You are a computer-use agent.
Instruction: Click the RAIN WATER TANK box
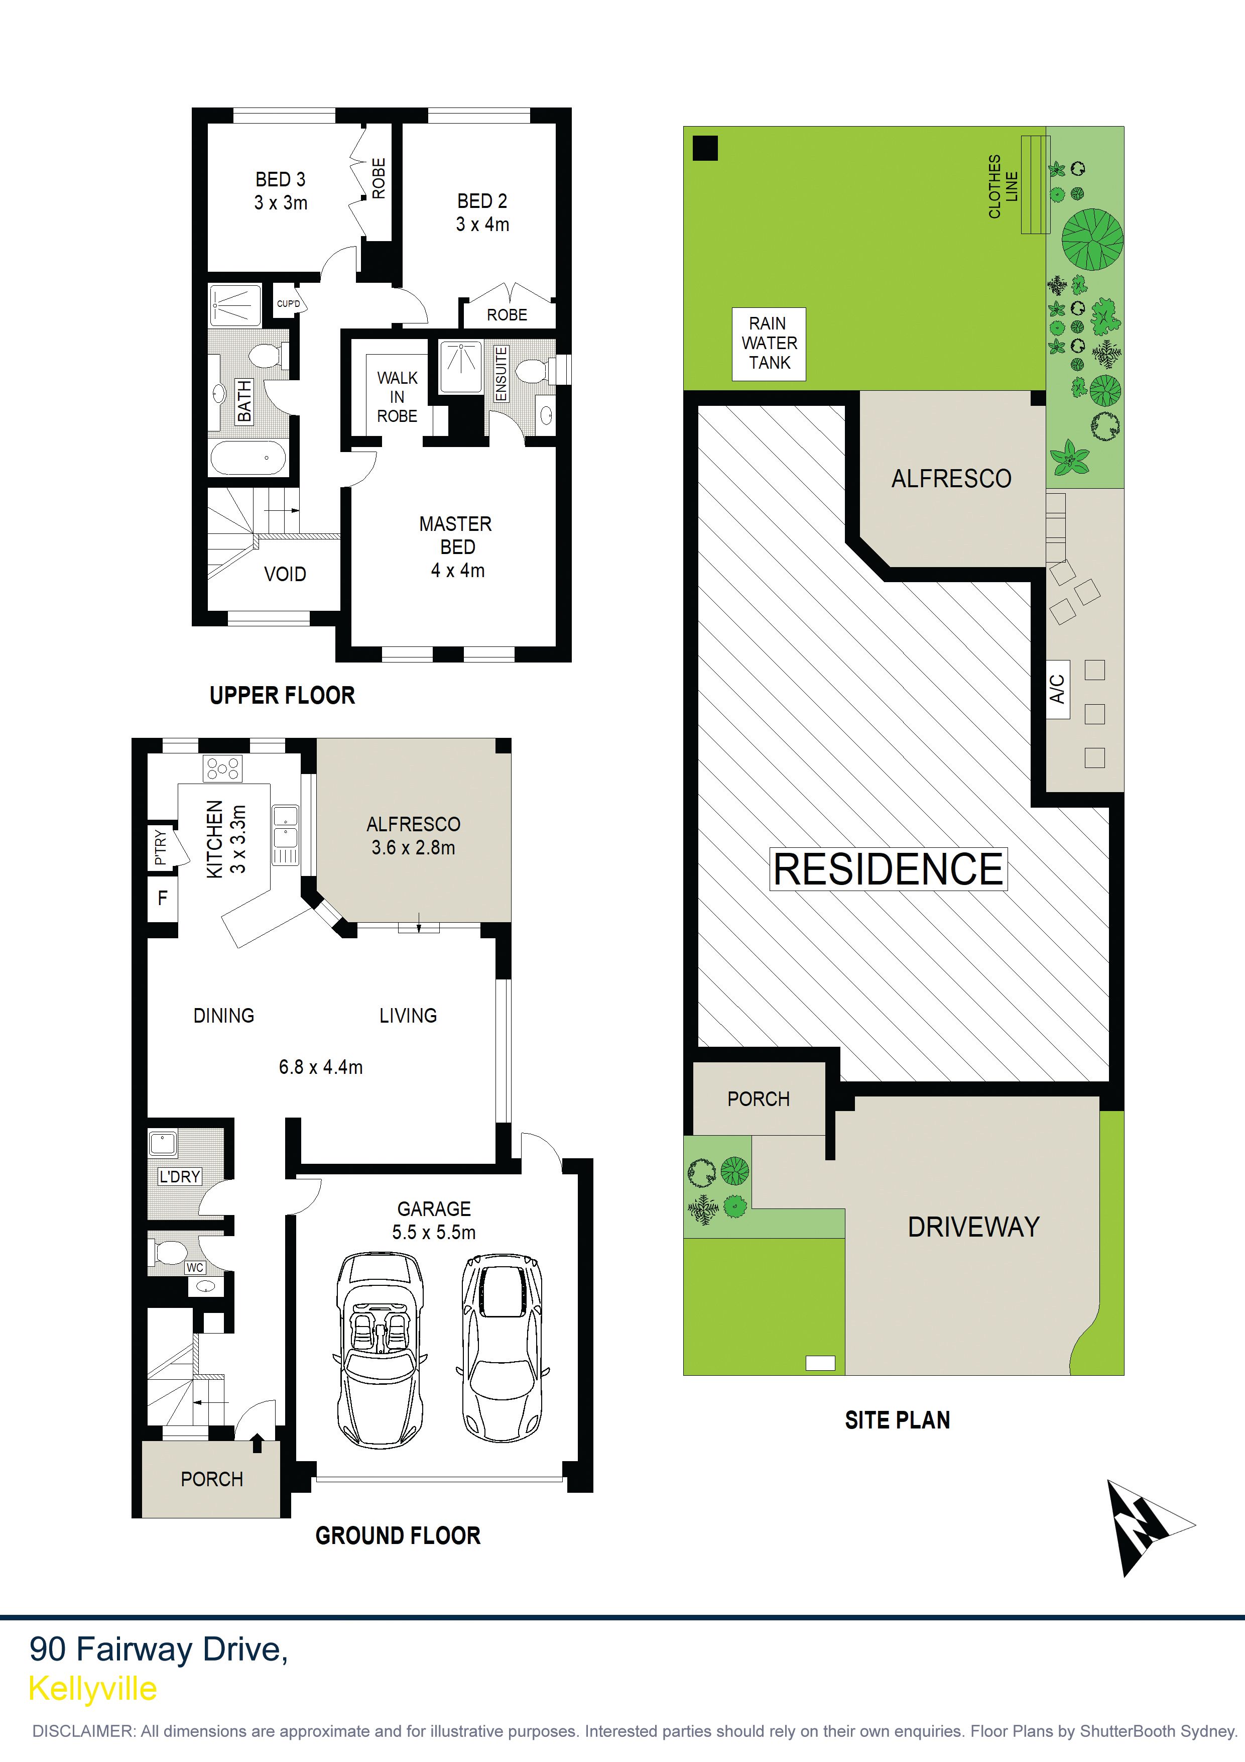768,343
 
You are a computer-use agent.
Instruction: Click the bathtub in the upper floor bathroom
248,459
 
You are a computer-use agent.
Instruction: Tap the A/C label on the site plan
1057,689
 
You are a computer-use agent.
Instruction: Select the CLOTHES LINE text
1003,186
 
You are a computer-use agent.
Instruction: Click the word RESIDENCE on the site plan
888,869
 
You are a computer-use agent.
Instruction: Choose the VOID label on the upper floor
285,574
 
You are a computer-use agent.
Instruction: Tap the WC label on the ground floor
195,1268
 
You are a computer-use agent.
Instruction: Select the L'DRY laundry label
180,1176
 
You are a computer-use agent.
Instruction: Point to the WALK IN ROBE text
398,397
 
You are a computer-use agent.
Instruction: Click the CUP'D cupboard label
289,304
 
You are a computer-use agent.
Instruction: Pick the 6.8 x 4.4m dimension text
321,1067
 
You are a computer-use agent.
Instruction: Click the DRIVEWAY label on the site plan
973,1227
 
